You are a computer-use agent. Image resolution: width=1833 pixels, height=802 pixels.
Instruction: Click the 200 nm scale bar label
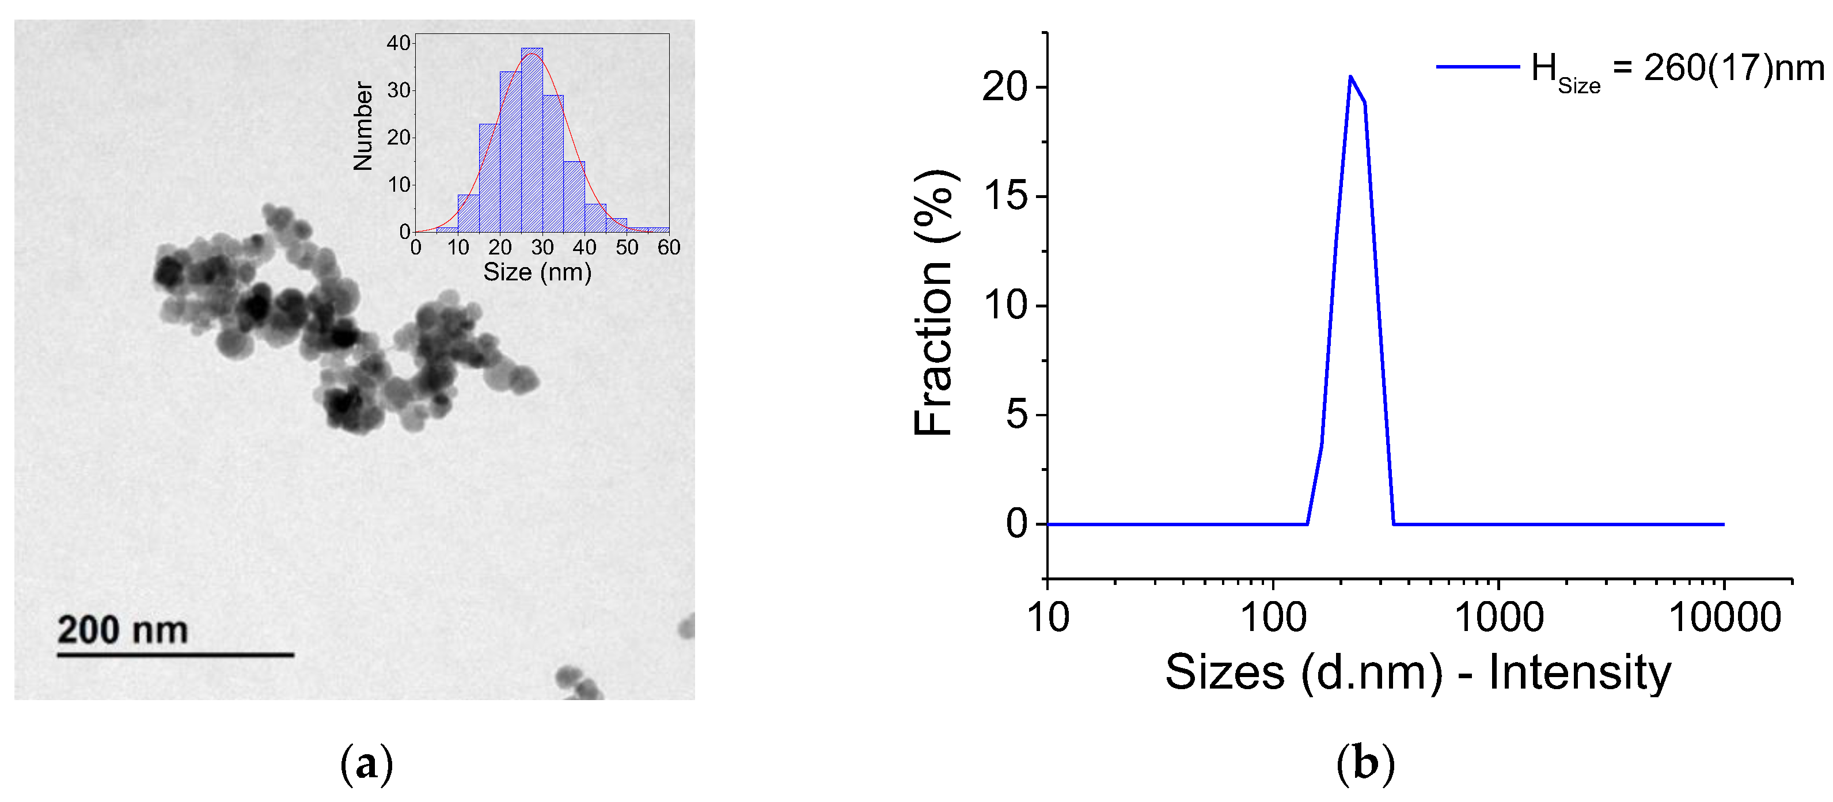point(123,630)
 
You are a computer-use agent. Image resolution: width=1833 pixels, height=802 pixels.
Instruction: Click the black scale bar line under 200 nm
point(175,655)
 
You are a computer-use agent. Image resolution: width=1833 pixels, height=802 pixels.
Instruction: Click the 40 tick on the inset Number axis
point(399,43)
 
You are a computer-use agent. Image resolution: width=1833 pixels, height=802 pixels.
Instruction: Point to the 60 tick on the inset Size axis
point(669,248)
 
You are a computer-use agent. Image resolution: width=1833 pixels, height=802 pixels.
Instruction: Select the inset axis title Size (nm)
point(537,272)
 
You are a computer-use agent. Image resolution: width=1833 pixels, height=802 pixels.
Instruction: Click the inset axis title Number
point(363,126)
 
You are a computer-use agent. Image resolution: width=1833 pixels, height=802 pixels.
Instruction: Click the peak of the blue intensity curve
point(1350,77)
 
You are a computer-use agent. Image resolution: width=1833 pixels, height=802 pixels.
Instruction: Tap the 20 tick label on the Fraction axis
point(1005,88)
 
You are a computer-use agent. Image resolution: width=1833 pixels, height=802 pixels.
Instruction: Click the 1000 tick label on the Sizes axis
point(1498,617)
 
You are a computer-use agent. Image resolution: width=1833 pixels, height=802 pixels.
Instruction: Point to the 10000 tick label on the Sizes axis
point(1725,617)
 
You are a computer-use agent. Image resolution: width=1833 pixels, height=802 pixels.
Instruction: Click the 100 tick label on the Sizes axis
point(1274,617)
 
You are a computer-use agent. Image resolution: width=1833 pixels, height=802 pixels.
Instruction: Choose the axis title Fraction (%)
point(933,302)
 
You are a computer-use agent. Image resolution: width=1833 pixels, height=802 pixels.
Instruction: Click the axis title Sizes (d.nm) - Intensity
point(1417,672)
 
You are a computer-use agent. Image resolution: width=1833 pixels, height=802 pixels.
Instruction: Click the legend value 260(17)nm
point(1733,69)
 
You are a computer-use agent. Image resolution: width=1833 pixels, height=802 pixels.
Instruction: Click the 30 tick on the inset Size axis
point(542,248)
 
